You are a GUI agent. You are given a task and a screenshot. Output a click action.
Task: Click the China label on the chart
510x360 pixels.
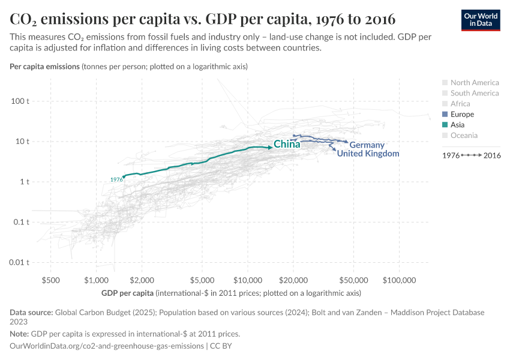click(287, 145)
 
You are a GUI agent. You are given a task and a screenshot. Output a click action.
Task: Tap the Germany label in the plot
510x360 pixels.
click(367, 145)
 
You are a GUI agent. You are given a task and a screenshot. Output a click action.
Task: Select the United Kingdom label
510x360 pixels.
click(368, 154)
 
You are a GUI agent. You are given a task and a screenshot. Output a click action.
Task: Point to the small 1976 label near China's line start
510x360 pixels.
click(116, 179)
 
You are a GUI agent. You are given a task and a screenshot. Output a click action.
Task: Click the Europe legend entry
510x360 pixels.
click(462, 115)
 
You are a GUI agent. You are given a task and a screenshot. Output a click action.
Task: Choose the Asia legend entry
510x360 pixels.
click(457, 125)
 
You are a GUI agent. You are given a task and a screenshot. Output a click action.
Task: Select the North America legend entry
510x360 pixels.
click(474, 83)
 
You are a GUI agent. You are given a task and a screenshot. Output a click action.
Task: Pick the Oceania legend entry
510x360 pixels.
click(464, 136)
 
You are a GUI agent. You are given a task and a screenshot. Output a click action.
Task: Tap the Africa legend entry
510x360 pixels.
click(460, 104)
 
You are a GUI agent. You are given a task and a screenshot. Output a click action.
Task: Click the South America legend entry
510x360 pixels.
click(474, 93)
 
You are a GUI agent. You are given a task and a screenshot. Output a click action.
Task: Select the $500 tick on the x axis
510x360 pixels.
click(50, 280)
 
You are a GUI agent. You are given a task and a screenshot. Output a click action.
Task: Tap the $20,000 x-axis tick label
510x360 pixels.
click(293, 280)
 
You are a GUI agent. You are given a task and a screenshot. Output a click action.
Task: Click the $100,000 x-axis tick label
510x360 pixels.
click(399, 280)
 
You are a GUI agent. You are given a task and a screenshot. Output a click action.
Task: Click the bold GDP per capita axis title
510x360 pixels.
click(127, 293)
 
